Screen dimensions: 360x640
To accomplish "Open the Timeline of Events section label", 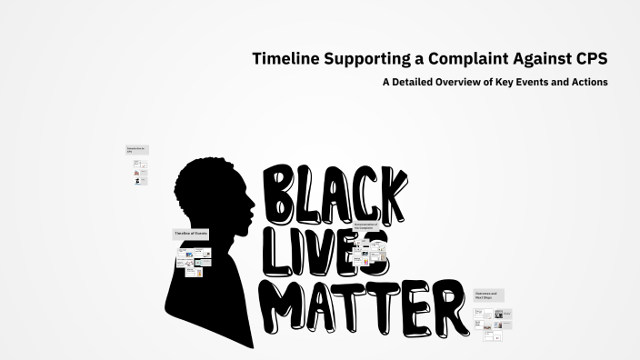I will pos(191,234).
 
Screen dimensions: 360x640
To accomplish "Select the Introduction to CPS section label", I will pos(135,150).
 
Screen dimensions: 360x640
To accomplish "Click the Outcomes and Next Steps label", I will pos(487,295).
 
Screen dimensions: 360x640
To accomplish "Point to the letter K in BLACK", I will pos(388,194).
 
